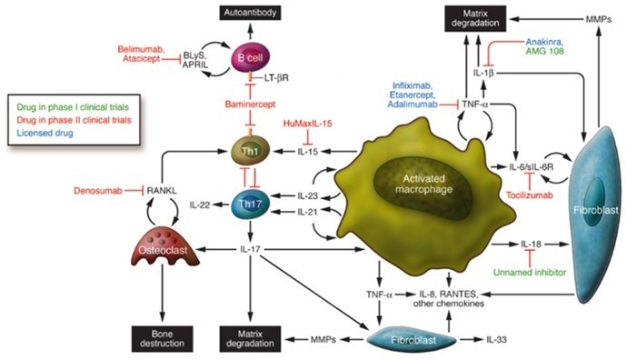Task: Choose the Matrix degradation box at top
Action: click(x=480, y=16)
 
